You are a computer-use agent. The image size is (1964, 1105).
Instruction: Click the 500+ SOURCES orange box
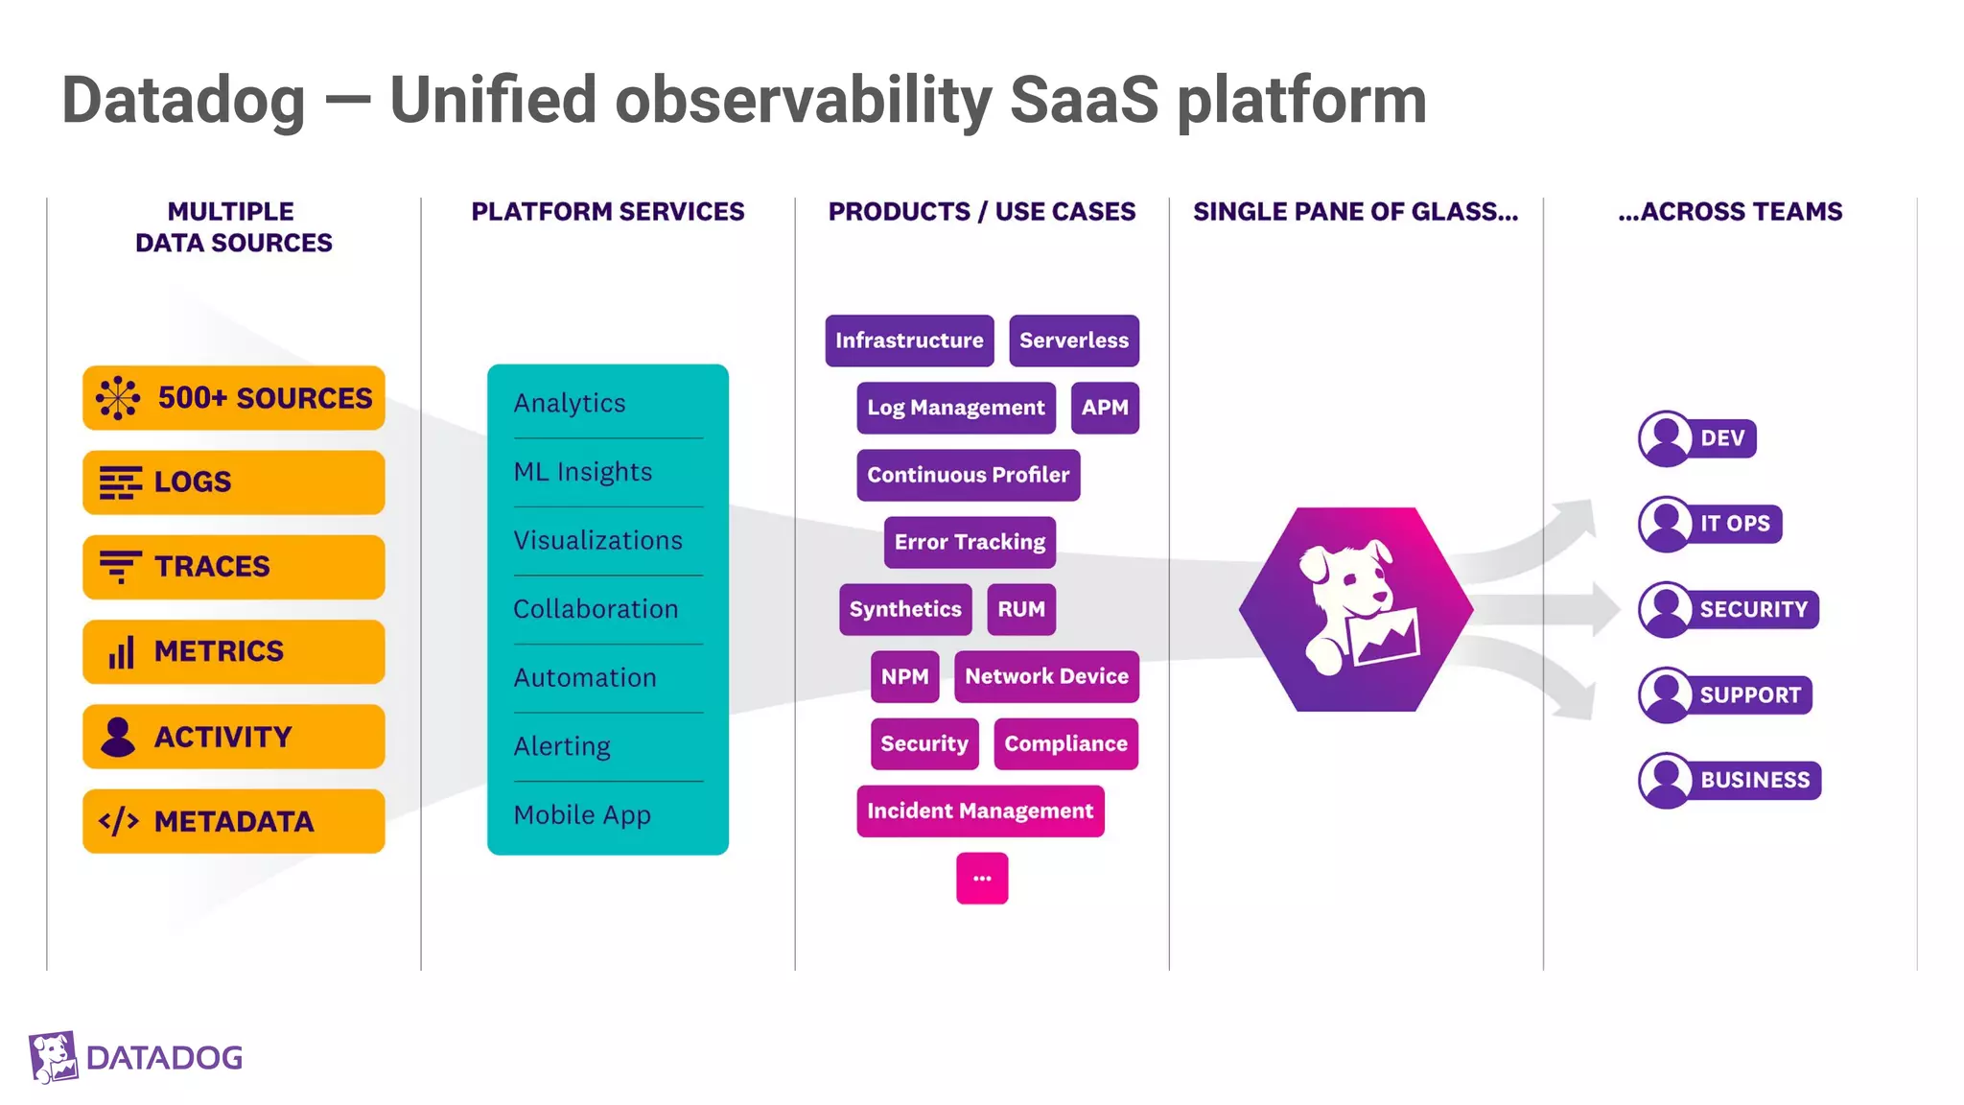click(x=234, y=397)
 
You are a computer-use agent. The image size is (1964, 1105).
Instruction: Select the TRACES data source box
click(x=234, y=567)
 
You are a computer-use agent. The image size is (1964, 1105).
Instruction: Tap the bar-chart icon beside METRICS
click(x=121, y=652)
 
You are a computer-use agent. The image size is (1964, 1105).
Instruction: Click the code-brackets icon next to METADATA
click(x=119, y=822)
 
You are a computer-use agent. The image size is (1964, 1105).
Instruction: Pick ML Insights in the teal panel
click(x=583, y=472)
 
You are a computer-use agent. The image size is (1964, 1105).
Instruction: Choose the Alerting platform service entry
click(x=562, y=746)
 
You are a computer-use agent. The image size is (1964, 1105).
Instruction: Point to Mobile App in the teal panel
click(x=582, y=815)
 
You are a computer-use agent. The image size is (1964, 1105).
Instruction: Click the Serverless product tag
click(x=1073, y=341)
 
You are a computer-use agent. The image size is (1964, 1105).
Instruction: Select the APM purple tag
click(x=1105, y=408)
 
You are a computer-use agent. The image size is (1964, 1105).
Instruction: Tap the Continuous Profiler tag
click(x=968, y=475)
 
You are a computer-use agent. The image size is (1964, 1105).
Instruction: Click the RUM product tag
click(x=1020, y=609)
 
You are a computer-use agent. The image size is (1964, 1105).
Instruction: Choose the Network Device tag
click(x=1046, y=676)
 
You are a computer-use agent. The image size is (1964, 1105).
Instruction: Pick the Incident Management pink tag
click(x=980, y=811)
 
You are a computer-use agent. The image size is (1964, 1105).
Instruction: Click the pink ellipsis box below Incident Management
click(x=982, y=878)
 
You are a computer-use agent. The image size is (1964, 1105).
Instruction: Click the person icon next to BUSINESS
click(x=1666, y=780)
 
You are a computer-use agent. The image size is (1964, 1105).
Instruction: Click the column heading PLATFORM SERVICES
click(x=607, y=212)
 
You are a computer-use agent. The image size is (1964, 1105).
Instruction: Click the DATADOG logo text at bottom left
click(x=164, y=1058)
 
